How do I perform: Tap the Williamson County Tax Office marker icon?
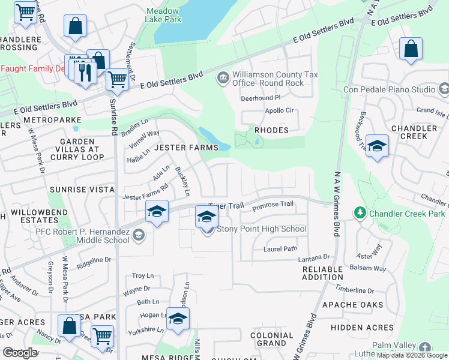point(223,77)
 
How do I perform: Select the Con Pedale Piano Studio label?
point(389,90)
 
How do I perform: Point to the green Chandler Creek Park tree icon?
point(360,213)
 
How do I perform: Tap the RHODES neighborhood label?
point(271,130)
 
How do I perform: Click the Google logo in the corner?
point(20,353)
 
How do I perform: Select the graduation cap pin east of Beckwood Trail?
point(377,146)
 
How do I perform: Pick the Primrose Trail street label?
point(273,205)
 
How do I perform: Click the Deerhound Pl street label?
point(261,97)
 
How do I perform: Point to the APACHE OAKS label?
point(352,305)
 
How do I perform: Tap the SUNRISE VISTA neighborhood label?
point(82,190)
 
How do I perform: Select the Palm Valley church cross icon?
point(425,347)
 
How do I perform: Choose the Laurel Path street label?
point(280,248)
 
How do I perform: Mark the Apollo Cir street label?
point(279,111)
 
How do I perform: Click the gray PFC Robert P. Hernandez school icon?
point(139,235)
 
